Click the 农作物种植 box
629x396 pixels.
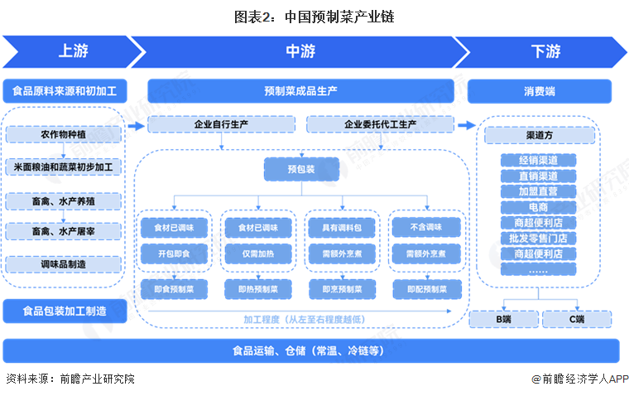click(63, 134)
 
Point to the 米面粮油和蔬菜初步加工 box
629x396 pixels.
click(63, 167)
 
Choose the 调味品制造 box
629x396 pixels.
click(63, 264)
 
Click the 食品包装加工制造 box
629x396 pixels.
click(64, 311)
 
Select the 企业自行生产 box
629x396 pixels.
click(221, 125)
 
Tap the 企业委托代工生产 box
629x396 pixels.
click(380, 125)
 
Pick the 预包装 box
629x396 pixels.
click(301, 169)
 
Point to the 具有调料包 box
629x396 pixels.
click(341, 225)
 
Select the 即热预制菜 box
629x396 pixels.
click(257, 289)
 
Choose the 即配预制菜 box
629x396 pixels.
click(426, 289)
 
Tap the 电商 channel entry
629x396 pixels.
click(538, 206)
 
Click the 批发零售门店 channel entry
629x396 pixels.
click(538, 238)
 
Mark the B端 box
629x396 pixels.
click(502, 319)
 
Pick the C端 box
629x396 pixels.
click(576, 319)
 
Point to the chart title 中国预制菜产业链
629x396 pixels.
click(314, 17)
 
